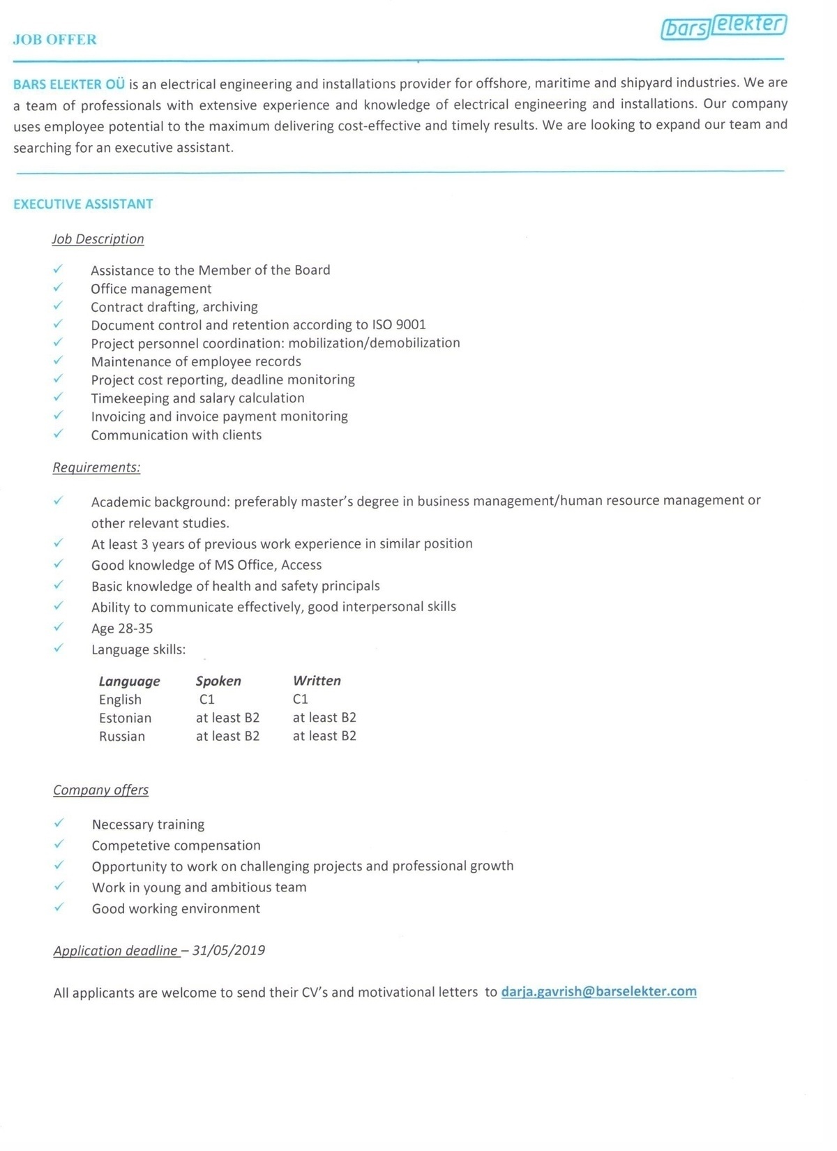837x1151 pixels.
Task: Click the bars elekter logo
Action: coord(723,27)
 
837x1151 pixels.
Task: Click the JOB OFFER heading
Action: coord(55,40)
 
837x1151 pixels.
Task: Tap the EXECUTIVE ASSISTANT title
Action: coord(83,204)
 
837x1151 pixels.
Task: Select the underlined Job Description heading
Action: coord(98,239)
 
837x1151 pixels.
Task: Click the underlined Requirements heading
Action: coord(96,467)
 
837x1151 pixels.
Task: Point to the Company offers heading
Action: coord(100,790)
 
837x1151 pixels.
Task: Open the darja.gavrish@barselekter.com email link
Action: coord(598,991)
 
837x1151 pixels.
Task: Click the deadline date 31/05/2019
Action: coord(229,950)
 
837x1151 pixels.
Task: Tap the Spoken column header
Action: coord(218,681)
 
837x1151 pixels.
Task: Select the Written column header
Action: coord(317,681)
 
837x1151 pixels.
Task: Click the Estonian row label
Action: coord(125,718)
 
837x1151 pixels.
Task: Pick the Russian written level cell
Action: coord(324,736)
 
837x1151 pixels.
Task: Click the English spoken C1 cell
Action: coord(207,699)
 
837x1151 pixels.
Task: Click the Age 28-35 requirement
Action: coord(122,629)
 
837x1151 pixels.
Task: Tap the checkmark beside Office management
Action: coord(58,287)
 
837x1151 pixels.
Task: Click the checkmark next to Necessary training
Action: coord(59,823)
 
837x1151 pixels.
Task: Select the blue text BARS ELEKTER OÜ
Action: coord(69,84)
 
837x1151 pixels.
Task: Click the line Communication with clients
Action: coord(176,435)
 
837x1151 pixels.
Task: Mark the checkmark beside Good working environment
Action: coord(59,907)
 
